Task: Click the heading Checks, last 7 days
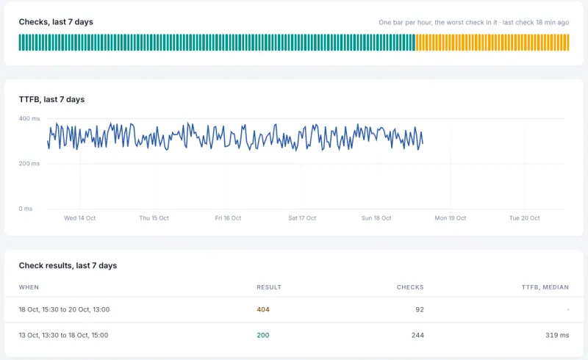[56, 22]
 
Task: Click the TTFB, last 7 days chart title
[51, 99]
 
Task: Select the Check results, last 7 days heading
[68, 265]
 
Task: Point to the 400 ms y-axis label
[29, 118]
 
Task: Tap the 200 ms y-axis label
[29, 164]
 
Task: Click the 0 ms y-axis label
[26, 209]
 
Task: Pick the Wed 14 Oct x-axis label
[80, 218]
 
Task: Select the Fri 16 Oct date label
[228, 218]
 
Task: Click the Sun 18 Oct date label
[376, 218]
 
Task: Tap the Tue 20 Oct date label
[525, 218]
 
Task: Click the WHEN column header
[29, 287]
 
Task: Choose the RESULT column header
[269, 287]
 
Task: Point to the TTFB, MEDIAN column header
[545, 287]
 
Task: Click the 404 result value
[263, 309]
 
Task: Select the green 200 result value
[263, 335]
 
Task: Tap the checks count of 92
[420, 309]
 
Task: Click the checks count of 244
[417, 335]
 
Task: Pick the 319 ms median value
[557, 335]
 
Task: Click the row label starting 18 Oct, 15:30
[64, 309]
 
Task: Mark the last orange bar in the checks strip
[567, 43]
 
